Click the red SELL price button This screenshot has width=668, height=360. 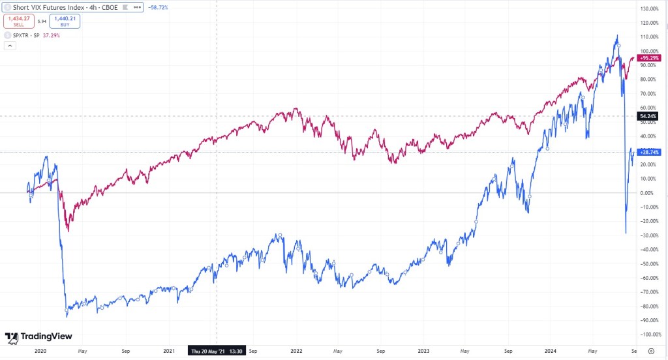point(18,21)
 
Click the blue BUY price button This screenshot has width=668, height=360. point(65,21)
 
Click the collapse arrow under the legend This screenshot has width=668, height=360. point(10,46)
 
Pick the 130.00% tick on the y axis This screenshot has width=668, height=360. point(650,9)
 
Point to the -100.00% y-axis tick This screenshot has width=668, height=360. point(650,335)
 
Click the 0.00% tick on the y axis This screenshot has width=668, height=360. point(650,193)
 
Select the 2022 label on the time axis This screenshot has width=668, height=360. point(296,350)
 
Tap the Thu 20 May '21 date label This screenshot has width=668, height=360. point(216,350)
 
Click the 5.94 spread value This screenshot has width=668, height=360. point(42,22)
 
